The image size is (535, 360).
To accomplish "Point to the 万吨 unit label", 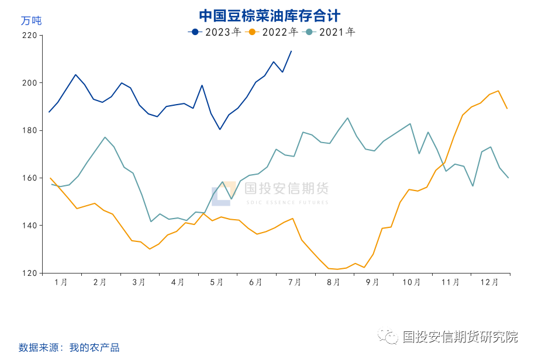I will pyautogui.click(x=31, y=21).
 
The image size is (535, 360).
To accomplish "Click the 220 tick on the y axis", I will pyautogui.click(x=29, y=36).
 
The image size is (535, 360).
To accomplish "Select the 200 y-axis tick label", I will pyautogui.click(x=29, y=83).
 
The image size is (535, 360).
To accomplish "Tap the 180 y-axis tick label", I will pyautogui.click(x=29, y=130).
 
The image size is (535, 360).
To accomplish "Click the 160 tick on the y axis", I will pyautogui.click(x=29, y=178).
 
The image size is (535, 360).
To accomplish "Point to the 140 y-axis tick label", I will pyautogui.click(x=29, y=226).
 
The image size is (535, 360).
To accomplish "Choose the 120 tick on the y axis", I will pyautogui.click(x=29, y=273).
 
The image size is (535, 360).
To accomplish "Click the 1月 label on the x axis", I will pyautogui.click(x=60, y=282).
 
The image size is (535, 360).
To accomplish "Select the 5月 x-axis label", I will pyautogui.click(x=216, y=282).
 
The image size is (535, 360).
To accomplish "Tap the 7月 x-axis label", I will pyautogui.click(x=295, y=282).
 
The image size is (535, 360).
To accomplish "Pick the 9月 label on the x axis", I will pyautogui.click(x=372, y=282).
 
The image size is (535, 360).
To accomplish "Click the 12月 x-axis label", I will pyautogui.click(x=489, y=282).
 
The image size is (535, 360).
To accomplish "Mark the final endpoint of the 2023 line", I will pyautogui.click(x=291, y=51).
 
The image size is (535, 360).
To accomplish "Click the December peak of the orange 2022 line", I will pyautogui.click(x=498, y=91).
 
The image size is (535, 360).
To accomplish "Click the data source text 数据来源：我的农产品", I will pyautogui.click(x=69, y=348).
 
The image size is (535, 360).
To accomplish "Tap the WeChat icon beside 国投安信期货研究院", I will pyautogui.click(x=387, y=337).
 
